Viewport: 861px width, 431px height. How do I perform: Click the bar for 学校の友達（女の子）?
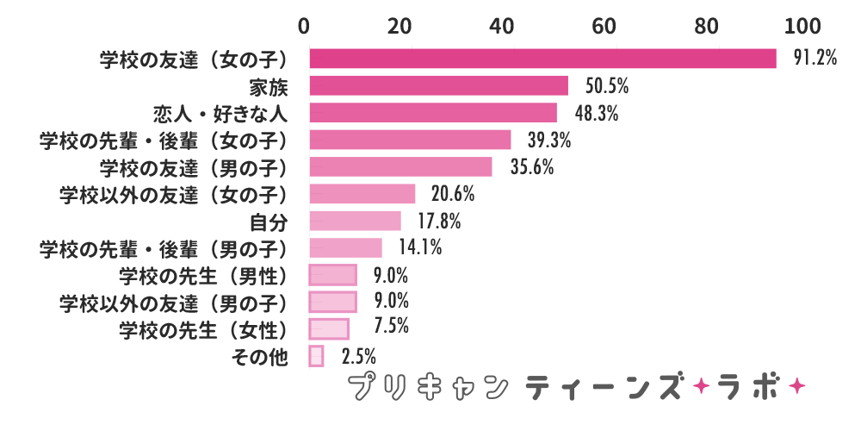[542, 58]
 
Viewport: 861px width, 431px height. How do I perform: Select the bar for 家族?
[438, 85]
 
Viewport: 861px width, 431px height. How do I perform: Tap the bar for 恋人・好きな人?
[433, 113]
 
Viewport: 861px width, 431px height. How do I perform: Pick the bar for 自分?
[355, 221]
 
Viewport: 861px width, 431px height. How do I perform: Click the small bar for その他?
[316, 356]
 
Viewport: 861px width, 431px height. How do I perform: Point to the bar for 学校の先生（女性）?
[329, 328]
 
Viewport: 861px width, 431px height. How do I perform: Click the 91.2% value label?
[814, 58]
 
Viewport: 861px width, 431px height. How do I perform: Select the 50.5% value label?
[607, 85]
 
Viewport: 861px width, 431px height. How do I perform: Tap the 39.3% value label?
[549, 140]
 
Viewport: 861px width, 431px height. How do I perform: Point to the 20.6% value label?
[453, 194]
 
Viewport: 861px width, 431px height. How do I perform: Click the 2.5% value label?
[358, 356]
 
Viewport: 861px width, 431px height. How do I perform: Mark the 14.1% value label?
[420, 248]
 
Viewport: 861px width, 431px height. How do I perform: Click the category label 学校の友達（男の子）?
[192, 166]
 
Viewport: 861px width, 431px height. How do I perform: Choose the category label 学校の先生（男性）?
[202, 275]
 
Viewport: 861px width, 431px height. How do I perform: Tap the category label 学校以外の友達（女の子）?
[172, 194]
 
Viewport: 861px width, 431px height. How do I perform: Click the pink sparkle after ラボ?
[796, 384]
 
